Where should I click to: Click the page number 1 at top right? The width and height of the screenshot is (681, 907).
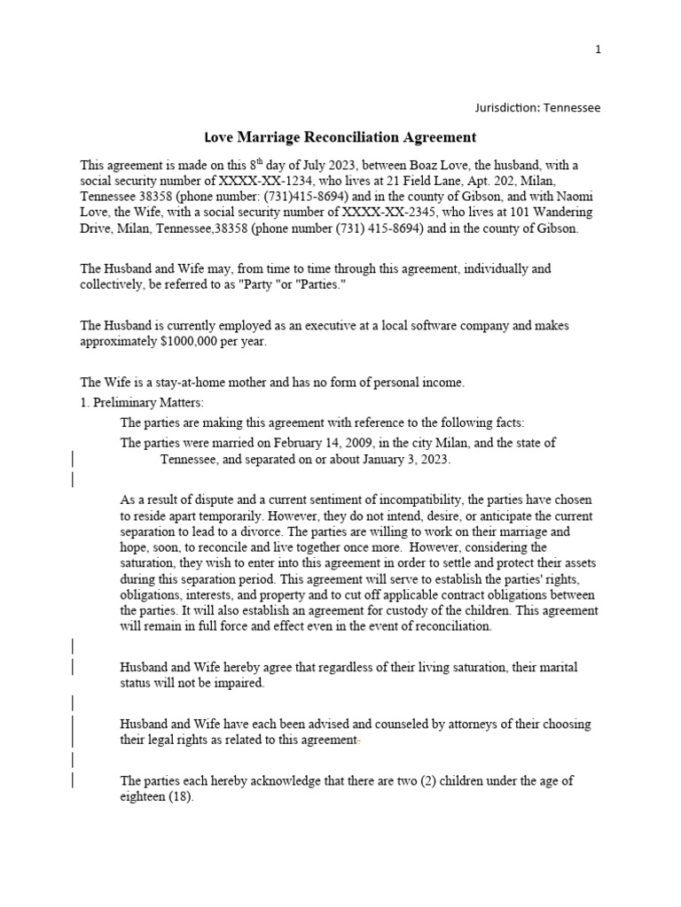click(598, 50)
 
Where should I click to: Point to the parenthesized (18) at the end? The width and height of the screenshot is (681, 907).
click(179, 796)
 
